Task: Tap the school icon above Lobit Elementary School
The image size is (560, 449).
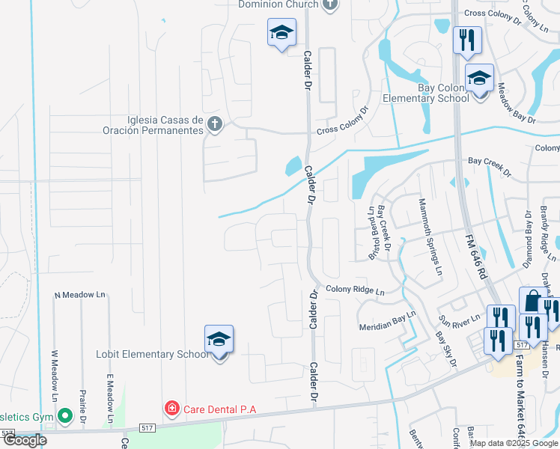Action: click(x=219, y=340)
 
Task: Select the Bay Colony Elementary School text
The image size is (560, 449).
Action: click(x=425, y=93)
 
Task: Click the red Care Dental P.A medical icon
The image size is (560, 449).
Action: click(x=171, y=409)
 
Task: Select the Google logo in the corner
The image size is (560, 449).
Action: click(x=25, y=440)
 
